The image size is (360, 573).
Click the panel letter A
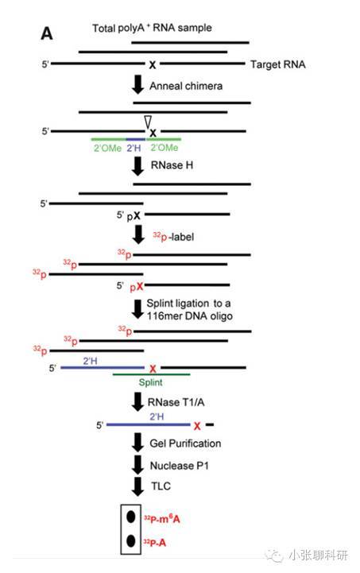pos(46,33)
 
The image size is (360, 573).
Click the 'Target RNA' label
pos(278,64)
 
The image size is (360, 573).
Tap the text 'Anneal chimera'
pos(186,86)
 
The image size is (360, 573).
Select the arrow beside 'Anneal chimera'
pos(137,84)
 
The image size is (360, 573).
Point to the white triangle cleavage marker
pos(148,122)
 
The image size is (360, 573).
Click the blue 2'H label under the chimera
pos(134,148)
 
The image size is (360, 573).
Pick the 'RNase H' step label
pos(172,165)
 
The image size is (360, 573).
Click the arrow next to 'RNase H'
pos(137,166)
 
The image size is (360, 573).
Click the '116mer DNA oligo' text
pos(190,316)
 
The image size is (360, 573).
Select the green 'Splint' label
pos(150,382)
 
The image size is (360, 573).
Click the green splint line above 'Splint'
pos(151,374)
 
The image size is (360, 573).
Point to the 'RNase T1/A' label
pos(176,402)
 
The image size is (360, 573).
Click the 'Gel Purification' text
pos(185,443)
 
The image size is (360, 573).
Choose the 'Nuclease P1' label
pos(179,466)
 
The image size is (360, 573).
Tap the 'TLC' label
pos(161,486)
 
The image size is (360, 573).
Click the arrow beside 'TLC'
pos(137,486)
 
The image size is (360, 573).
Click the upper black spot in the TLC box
pos(131,517)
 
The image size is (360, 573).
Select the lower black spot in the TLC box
pos(131,540)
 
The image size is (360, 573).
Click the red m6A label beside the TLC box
pos(162,518)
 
